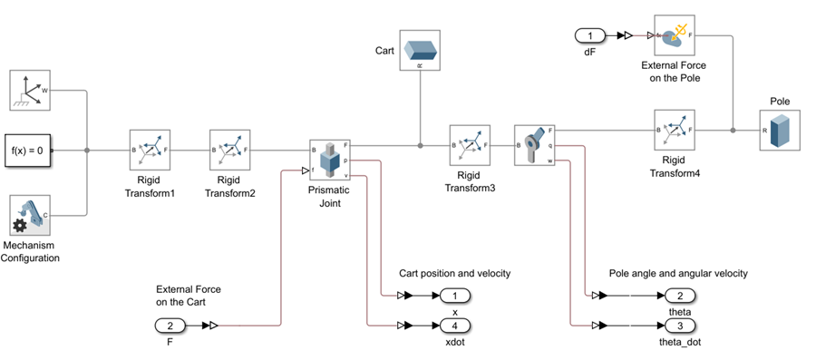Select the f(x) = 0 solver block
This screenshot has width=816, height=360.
(x=29, y=147)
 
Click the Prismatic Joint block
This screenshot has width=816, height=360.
(x=329, y=160)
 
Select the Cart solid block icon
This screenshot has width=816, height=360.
(x=420, y=50)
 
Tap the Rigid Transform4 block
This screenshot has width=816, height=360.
(x=674, y=130)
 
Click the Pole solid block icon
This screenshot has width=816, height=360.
(x=780, y=130)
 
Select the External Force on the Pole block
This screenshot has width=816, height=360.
(x=674, y=35)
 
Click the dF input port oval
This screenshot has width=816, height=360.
(x=590, y=35)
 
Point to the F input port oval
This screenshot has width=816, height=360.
(x=170, y=325)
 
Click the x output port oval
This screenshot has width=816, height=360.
(x=455, y=296)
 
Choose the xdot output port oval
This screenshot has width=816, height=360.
(x=455, y=325)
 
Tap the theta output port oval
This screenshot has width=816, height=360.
(x=680, y=296)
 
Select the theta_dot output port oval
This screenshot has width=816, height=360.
(x=680, y=325)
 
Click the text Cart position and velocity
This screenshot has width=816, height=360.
(x=454, y=273)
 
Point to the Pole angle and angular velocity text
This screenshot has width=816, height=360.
(x=677, y=273)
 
